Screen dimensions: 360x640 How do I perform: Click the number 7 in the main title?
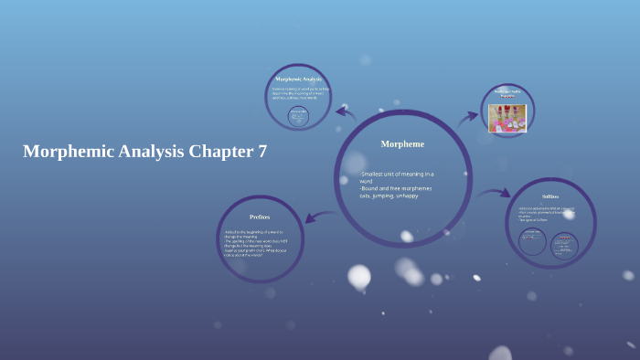(262, 152)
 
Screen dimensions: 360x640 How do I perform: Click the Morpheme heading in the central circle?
(402, 143)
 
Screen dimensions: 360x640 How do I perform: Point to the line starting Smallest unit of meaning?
(397, 174)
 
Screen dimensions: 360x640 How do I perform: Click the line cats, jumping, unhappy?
(389, 196)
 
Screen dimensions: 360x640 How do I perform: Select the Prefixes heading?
(260, 217)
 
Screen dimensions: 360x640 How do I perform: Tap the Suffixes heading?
(550, 196)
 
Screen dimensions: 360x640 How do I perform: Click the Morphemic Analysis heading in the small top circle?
(298, 79)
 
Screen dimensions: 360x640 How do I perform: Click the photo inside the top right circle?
(507, 118)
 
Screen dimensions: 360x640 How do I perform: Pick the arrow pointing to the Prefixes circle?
(320, 217)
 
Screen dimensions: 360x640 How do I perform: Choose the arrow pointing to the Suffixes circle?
(493, 193)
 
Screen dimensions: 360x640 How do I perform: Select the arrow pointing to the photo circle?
(467, 116)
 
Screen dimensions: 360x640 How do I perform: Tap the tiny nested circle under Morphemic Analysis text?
(298, 116)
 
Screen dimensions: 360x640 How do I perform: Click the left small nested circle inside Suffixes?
(532, 241)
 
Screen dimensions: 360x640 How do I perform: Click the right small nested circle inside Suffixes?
(564, 242)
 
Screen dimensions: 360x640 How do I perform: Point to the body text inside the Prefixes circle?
(255, 243)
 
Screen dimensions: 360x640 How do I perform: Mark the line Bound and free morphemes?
(396, 188)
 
